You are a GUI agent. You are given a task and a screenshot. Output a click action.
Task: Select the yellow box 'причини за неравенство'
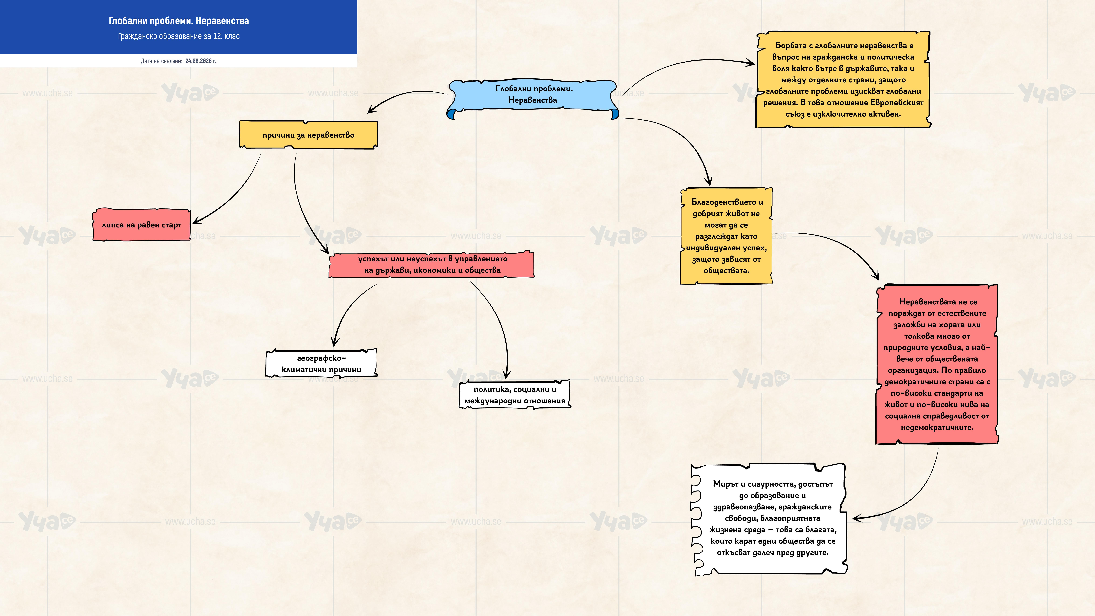308,135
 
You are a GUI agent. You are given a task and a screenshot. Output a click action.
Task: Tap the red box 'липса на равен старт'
142,225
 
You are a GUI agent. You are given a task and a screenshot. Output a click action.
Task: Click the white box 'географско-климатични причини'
321,363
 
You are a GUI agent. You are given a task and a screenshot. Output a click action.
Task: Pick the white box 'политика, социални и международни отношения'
515,395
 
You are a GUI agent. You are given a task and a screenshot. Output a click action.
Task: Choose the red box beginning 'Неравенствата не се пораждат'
937,364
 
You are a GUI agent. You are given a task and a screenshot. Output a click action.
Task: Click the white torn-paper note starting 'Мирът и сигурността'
769,519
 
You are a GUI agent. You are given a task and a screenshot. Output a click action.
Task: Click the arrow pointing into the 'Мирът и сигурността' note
914,497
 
